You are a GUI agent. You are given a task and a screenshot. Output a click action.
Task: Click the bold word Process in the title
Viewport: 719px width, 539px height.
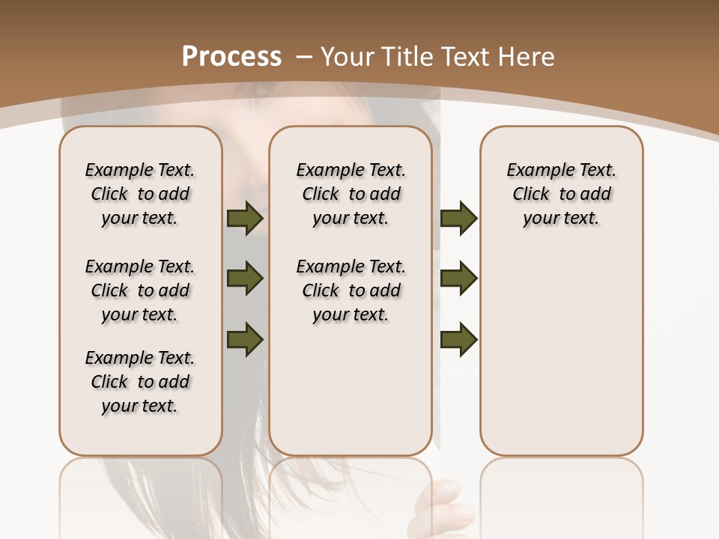pyautogui.click(x=231, y=56)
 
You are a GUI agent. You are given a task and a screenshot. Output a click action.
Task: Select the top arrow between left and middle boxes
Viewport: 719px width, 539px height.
pyautogui.click(x=245, y=219)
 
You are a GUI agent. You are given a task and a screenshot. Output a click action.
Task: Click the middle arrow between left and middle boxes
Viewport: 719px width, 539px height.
pyautogui.click(x=245, y=279)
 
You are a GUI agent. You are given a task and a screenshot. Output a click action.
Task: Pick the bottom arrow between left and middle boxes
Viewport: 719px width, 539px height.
pyautogui.click(x=245, y=339)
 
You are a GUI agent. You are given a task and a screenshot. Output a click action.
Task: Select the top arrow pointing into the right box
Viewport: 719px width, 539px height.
pyautogui.click(x=458, y=219)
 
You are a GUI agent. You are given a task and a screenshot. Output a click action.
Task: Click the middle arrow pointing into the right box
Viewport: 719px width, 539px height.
pyautogui.click(x=458, y=278)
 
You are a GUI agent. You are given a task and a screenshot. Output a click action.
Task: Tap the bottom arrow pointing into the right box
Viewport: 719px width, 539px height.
pyautogui.click(x=458, y=339)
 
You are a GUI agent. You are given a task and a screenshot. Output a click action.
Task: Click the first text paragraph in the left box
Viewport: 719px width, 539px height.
pyautogui.click(x=140, y=194)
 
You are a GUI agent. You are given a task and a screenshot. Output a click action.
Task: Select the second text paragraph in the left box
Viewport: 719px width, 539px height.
pyautogui.click(x=140, y=290)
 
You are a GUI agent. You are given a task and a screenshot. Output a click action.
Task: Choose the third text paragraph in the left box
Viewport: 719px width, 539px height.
pyautogui.click(x=140, y=382)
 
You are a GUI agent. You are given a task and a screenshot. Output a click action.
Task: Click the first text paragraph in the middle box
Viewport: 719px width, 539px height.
pyautogui.click(x=351, y=194)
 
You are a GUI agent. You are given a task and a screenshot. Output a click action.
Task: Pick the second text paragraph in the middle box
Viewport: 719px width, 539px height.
pyautogui.click(x=351, y=290)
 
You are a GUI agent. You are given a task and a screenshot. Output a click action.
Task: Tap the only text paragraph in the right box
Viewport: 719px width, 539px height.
pyautogui.click(x=561, y=194)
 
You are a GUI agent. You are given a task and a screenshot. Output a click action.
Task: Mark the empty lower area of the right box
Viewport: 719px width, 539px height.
pyautogui.click(x=561, y=359)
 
